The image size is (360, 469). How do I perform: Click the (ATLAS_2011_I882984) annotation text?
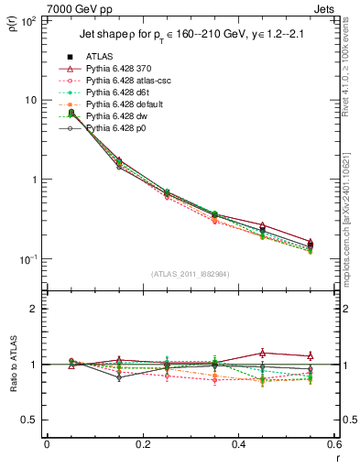tap(190, 274)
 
